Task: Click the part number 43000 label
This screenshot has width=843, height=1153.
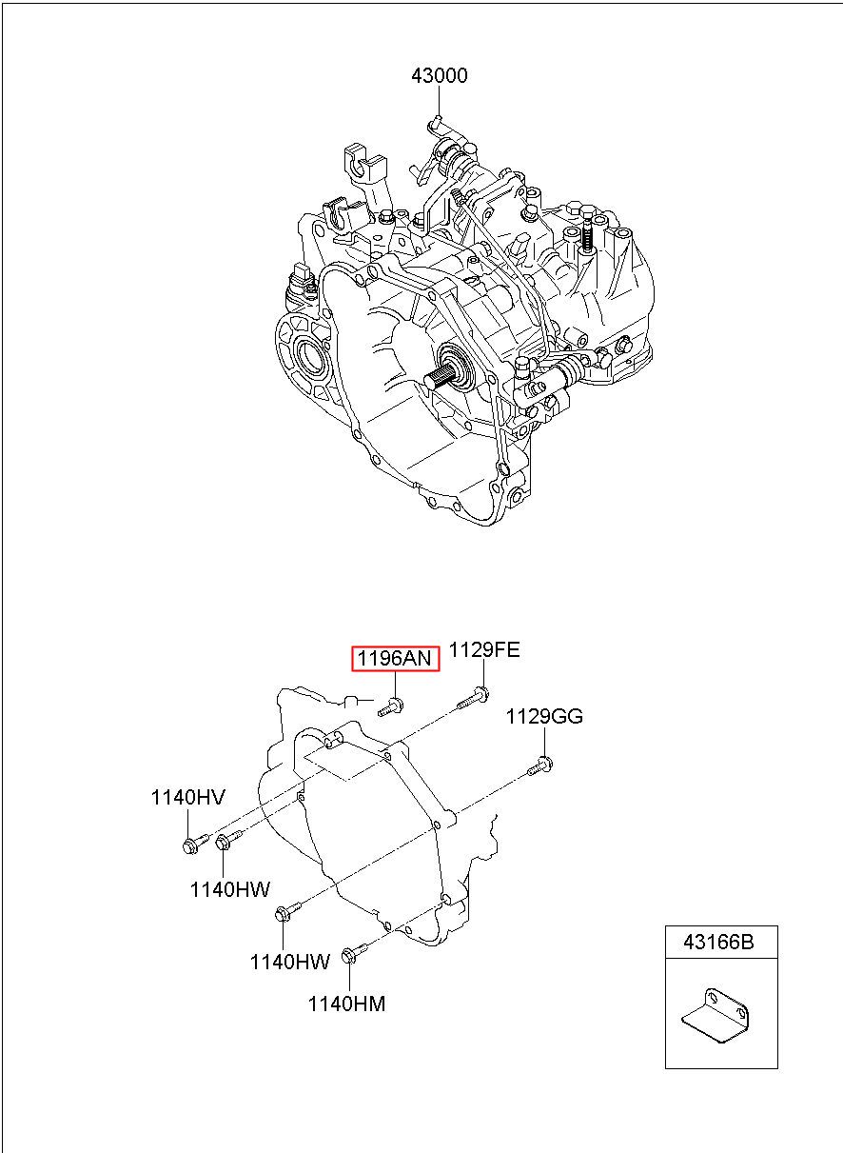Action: coord(440,75)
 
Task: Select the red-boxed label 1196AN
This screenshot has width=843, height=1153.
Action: coord(395,658)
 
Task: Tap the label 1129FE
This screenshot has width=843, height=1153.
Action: coord(484,650)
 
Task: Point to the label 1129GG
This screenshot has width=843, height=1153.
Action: coord(544,717)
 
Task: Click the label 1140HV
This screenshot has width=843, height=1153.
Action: coord(187,797)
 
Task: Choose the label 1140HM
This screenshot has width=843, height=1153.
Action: coord(346,1004)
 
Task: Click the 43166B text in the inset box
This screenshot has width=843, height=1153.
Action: coord(718,942)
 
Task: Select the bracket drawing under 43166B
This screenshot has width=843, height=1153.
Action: coord(716,1016)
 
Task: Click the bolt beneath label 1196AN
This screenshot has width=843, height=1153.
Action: coord(391,706)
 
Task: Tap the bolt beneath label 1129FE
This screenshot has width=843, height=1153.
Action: coord(472,699)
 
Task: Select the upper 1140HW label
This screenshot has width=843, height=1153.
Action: coord(230,889)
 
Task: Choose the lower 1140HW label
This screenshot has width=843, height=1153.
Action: coord(289,962)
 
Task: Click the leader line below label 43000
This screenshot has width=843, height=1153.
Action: coord(440,102)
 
